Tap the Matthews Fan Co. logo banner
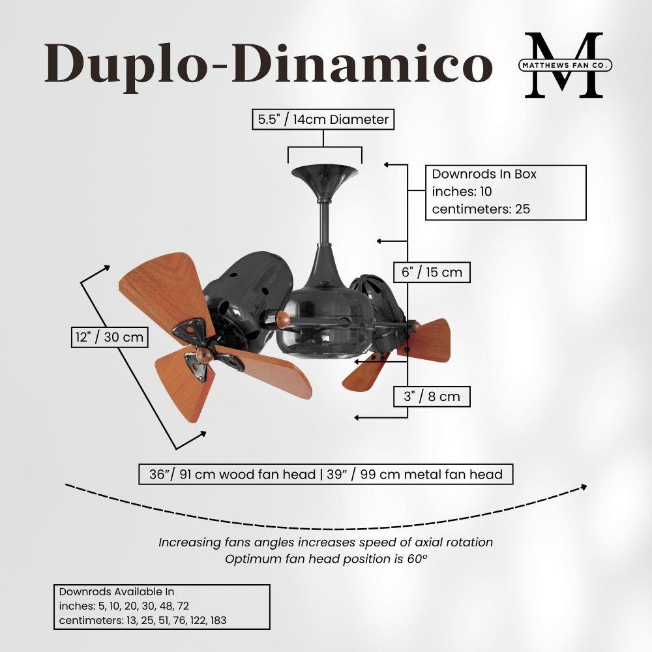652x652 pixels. coord(565,65)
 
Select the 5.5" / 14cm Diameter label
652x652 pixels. coord(323,119)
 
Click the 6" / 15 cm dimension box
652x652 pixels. coord(432,273)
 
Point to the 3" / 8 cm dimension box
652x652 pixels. coord(432,396)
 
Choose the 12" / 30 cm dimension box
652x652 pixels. coord(110,337)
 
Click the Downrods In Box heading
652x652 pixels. coord(484,174)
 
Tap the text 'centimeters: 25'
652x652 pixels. coord(481,209)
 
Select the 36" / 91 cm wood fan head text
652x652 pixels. coord(233,474)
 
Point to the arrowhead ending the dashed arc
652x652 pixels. coord(584,487)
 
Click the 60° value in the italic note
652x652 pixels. coord(417,559)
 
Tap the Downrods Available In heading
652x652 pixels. coord(117,592)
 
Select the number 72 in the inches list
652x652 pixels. coord(183,606)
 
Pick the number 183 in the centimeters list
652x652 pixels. coord(218,621)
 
